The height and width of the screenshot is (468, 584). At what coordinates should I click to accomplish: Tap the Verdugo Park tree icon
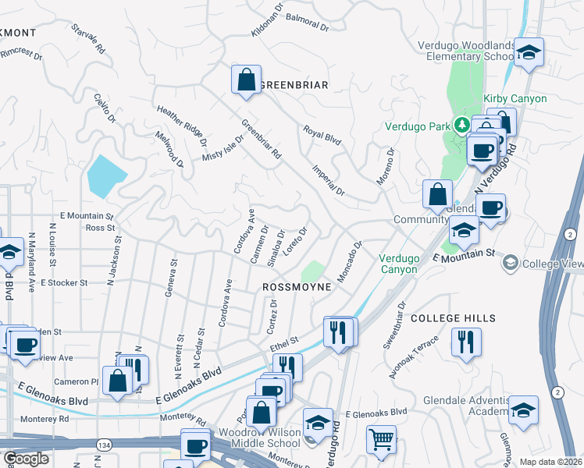[461, 125]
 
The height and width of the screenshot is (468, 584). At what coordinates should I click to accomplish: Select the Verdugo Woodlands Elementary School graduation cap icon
[529, 53]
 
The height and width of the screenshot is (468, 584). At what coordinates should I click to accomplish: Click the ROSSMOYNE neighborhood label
[297, 287]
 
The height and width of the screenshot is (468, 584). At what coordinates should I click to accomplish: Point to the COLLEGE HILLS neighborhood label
[453, 318]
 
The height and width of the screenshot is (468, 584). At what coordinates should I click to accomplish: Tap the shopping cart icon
[381, 439]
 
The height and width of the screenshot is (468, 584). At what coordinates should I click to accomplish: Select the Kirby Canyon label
[515, 98]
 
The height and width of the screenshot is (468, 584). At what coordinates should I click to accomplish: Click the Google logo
[26, 459]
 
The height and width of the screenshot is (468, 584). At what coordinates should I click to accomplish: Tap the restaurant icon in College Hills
[466, 342]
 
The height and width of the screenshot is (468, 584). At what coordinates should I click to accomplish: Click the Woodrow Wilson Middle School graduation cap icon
[317, 424]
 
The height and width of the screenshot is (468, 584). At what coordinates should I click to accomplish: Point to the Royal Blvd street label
[322, 135]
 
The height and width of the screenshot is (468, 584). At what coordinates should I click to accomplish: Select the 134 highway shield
[104, 444]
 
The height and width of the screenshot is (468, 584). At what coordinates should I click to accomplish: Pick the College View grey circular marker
[511, 263]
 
